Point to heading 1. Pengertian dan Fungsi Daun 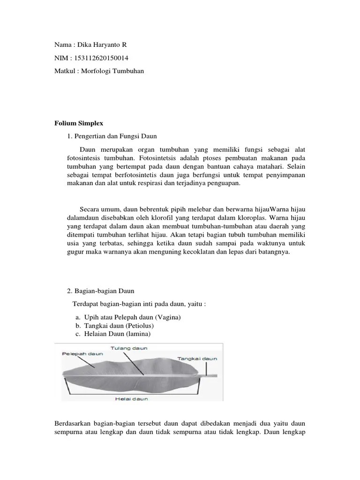(x=112, y=136)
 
